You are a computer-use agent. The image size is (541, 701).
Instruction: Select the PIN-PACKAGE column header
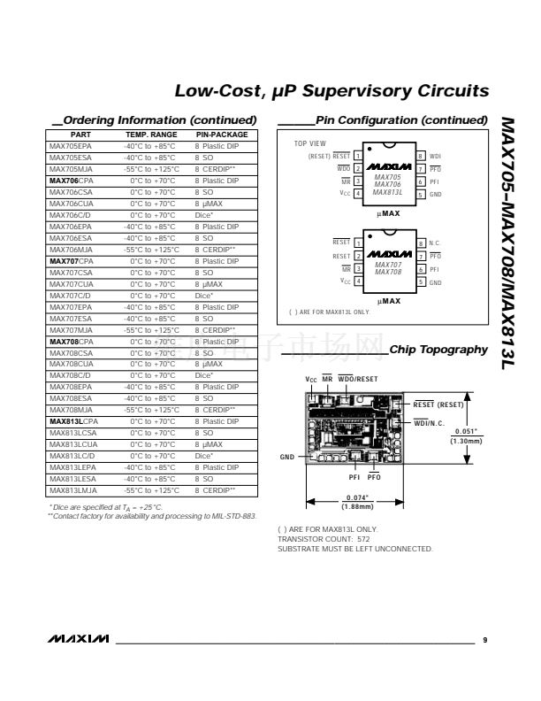tap(222, 135)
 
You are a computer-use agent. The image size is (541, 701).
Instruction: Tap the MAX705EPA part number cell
tap(70, 145)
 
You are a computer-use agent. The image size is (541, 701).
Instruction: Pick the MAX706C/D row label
tap(70, 215)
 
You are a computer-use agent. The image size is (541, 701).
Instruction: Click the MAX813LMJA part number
tap(73, 489)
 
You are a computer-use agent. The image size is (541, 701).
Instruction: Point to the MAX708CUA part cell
tap(72, 364)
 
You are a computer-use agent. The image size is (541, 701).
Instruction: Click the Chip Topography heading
tap(438, 350)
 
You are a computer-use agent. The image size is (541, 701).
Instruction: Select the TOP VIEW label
tap(309, 143)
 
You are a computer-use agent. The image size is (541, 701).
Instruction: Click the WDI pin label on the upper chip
tap(435, 156)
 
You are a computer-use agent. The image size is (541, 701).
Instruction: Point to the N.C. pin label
tap(435, 242)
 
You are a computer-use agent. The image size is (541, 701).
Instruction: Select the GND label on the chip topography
tap(287, 458)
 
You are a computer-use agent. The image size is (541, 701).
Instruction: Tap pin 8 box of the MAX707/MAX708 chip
tap(422, 242)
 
